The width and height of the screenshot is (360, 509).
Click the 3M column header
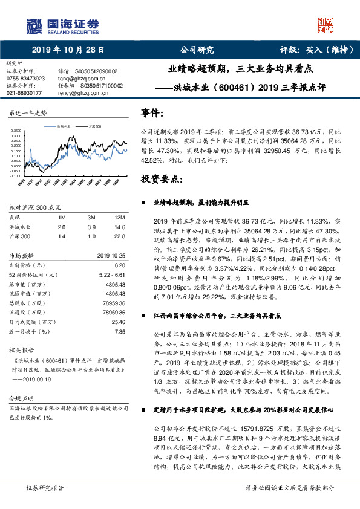pyautogui.click(x=91, y=216)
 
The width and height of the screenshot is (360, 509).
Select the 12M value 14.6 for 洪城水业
pyautogui.click(x=119, y=226)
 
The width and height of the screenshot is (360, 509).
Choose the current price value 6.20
pyautogui.click(x=119, y=265)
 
